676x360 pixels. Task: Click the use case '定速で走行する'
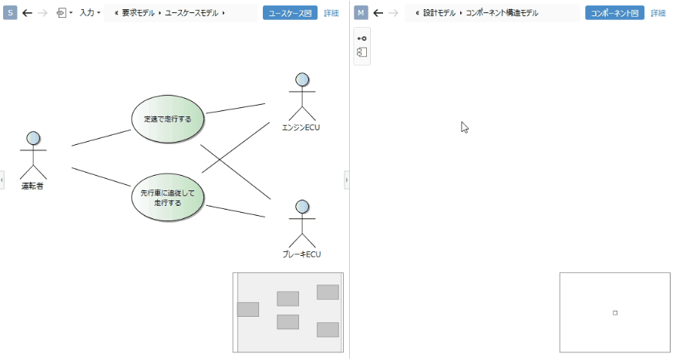pyautogui.click(x=167, y=119)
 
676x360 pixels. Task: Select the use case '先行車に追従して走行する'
pyautogui.click(x=167, y=198)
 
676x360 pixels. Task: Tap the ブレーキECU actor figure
pyautogui.click(x=301, y=224)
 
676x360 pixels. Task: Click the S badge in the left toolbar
pyautogui.click(x=10, y=13)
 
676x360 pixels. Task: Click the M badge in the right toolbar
pyautogui.click(x=362, y=13)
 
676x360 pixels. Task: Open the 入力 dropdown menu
pyautogui.click(x=89, y=13)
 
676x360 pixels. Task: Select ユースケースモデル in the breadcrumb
pyautogui.click(x=193, y=13)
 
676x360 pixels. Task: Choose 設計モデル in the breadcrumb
pyautogui.click(x=439, y=13)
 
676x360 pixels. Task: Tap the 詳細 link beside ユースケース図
pyautogui.click(x=331, y=13)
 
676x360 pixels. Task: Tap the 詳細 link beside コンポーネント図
pyautogui.click(x=658, y=13)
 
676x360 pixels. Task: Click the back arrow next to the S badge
pyautogui.click(x=27, y=13)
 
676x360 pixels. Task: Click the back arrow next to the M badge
pyautogui.click(x=378, y=13)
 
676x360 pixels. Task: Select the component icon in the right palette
pyautogui.click(x=362, y=52)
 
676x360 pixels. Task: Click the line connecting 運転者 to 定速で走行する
pyautogui.click(x=101, y=138)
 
